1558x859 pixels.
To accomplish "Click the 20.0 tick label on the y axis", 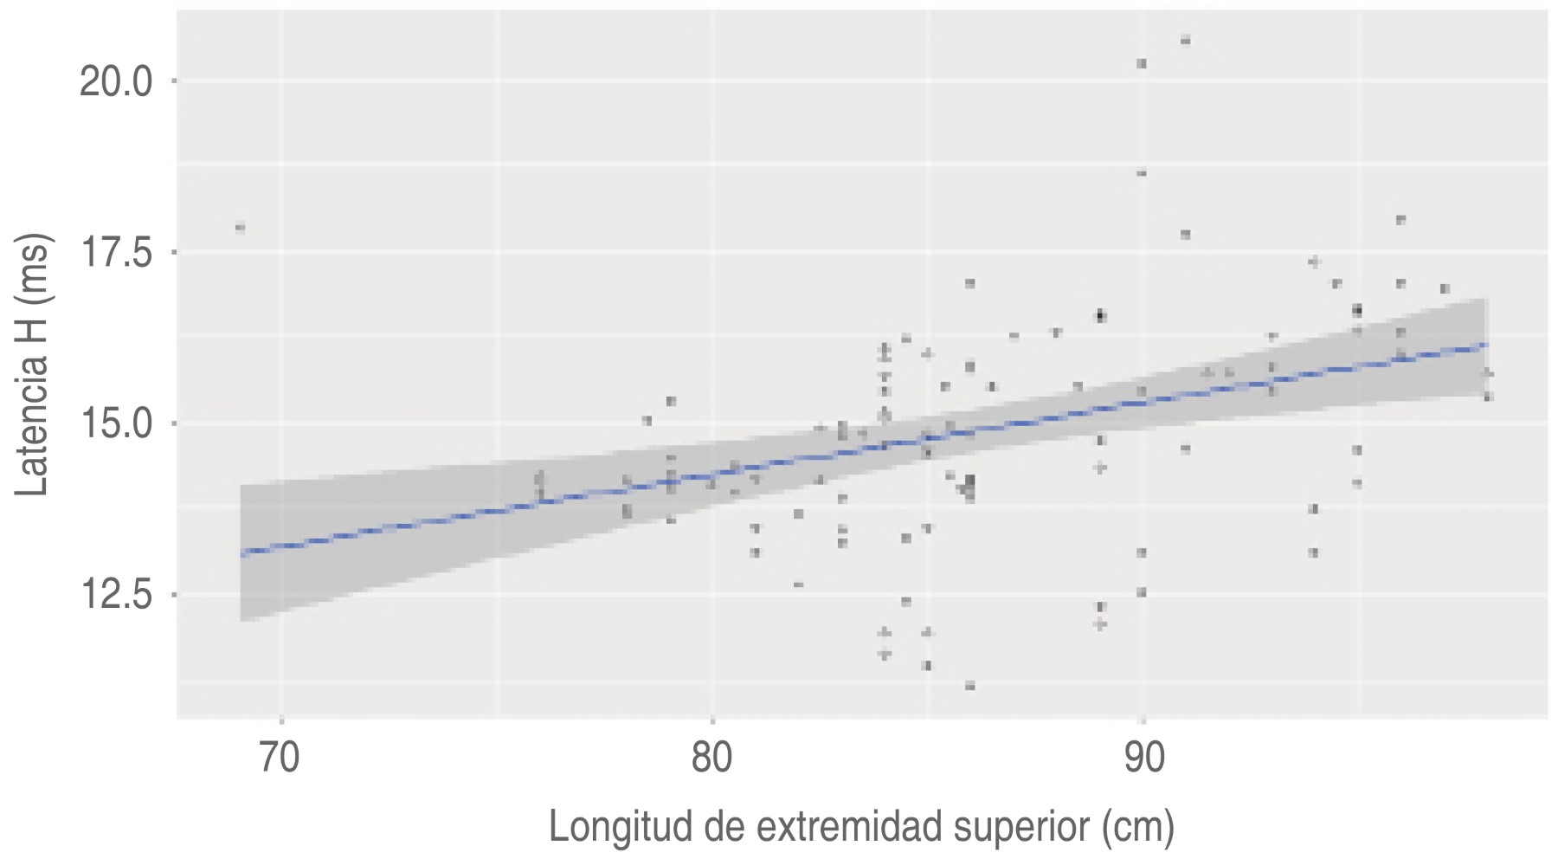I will click(x=115, y=83).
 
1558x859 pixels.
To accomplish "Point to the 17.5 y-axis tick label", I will click(x=115, y=254).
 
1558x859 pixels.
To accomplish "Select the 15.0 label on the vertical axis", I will click(x=115, y=425).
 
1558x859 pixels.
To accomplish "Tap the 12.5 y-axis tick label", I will click(x=115, y=596).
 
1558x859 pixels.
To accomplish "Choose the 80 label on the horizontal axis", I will click(x=711, y=758).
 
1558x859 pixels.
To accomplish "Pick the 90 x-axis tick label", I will click(x=1143, y=758).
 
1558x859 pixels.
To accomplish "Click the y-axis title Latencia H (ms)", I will click(x=33, y=365).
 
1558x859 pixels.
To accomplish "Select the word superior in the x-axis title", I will click(x=1021, y=827).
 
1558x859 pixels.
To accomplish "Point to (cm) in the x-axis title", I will click(x=1138, y=827).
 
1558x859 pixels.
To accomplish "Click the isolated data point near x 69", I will click(x=240, y=228).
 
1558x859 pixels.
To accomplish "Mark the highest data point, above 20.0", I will click(x=1185, y=40).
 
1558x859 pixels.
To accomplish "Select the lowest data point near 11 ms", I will click(x=969, y=686).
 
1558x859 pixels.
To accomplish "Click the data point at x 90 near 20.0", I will click(x=1142, y=63).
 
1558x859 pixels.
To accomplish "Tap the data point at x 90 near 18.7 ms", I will click(x=1142, y=173).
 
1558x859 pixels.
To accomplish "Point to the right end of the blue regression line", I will click(x=1484, y=345).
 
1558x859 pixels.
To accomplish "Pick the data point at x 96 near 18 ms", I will click(x=1400, y=220).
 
